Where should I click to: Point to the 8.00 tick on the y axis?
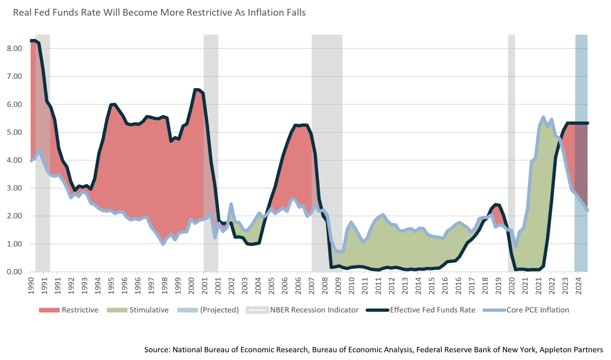coord(14,48)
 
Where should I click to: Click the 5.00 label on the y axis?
coord(14,132)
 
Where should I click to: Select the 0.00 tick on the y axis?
coord(14,272)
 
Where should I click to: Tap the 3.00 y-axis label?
coord(14,188)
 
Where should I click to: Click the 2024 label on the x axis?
coord(578,286)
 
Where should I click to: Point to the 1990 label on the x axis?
coord(31,286)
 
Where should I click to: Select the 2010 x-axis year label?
coord(351,286)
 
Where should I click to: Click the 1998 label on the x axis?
coord(164,286)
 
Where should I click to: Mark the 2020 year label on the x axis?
coord(512,286)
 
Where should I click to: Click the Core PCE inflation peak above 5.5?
coord(543,117)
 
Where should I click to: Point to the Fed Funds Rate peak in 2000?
coord(196,90)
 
